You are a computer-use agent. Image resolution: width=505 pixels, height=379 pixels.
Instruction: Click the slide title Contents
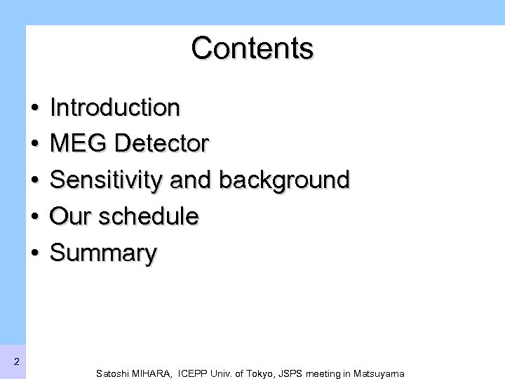[x=252, y=48]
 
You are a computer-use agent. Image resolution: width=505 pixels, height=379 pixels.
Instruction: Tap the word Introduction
[x=116, y=107]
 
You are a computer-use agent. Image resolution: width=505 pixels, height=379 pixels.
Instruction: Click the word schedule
[x=149, y=217]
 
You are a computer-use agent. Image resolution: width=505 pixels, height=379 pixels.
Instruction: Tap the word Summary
[x=104, y=254]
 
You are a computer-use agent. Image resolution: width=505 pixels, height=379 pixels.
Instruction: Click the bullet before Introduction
[x=34, y=109]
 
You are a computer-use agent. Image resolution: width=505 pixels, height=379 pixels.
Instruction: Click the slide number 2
[x=15, y=362]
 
